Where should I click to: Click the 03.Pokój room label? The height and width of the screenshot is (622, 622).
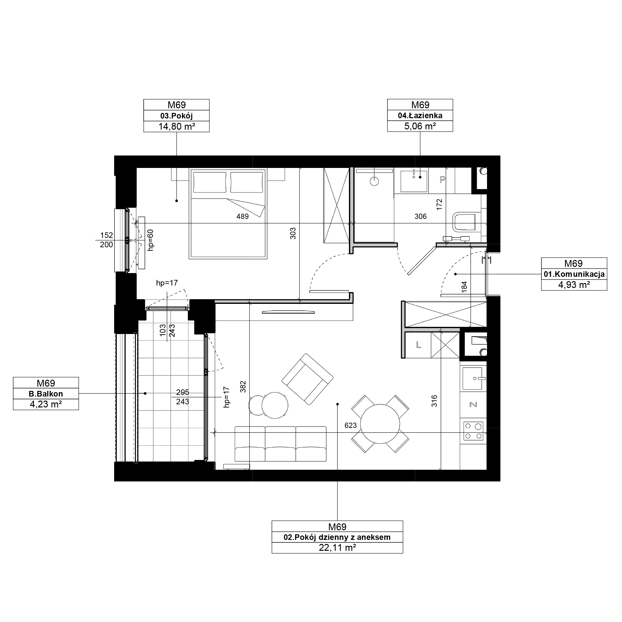pyautogui.click(x=176, y=116)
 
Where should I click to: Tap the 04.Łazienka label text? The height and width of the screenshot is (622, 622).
pyautogui.click(x=420, y=115)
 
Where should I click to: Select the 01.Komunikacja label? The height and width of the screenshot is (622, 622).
pyautogui.click(x=574, y=274)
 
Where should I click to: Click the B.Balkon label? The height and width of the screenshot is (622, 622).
pyautogui.click(x=46, y=394)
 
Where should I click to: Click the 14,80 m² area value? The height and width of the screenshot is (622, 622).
pyautogui.click(x=176, y=127)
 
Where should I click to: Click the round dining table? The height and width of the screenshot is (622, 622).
pyautogui.click(x=380, y=424)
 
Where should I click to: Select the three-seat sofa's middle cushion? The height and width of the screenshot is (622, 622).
pyautogui.click(x=281, y=444)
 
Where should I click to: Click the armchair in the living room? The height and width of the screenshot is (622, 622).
pyautogui.click(x=308, y=379)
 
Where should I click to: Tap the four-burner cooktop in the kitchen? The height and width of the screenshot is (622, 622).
pyautogui.click(x=473, y=431)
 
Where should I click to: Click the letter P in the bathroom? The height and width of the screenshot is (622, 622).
pyautogui.click(x=442, y=180)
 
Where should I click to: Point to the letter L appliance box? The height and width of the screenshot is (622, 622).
pyautogui.click(x=418, y=345)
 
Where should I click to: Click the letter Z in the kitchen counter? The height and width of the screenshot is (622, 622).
pyautogui.click(x=473, y=404)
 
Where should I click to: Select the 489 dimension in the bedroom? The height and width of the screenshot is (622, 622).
pyautogui.click(x=243, y=216)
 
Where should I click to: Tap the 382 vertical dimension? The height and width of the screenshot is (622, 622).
pyautogui.click(x=243, y=387)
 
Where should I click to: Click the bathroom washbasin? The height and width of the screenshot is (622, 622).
pyautogui.click(x=414, y=181)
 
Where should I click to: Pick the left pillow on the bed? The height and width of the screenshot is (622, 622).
pyautogui.click(x=210, y=183)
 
